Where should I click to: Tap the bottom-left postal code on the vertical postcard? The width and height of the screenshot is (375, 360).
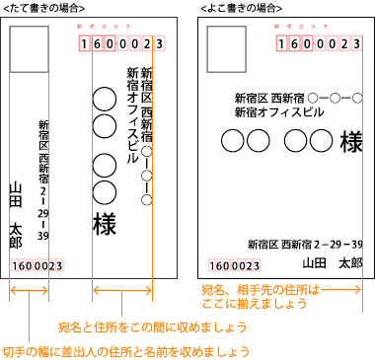[38, 266]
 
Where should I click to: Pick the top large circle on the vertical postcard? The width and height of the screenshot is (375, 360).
[103, 99]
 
